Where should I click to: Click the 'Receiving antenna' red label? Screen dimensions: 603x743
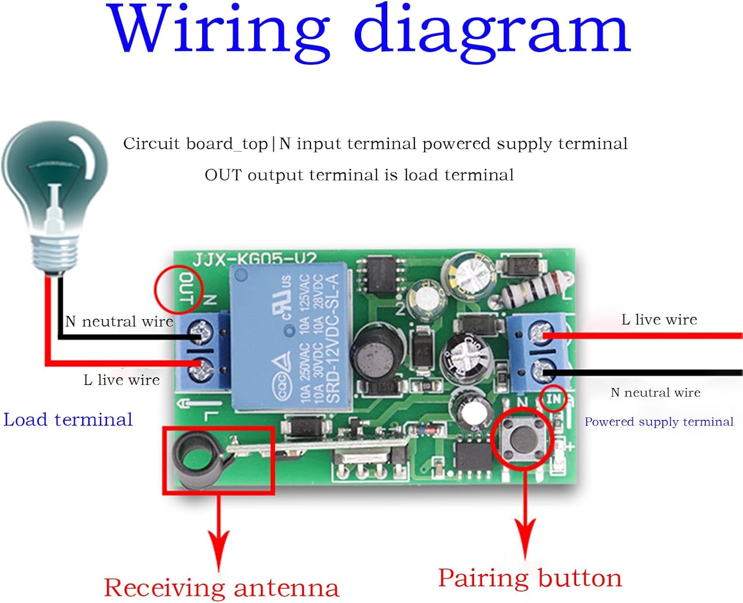tap(221, 588)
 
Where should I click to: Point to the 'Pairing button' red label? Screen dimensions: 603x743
tap(530, 578)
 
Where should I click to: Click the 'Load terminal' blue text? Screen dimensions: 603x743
tap(68, 420)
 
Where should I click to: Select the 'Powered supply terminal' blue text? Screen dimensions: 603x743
tap(658, 422)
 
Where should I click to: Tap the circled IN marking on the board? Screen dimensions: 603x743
tap(553, 399)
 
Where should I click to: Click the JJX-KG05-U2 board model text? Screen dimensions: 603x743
tap(254, 259)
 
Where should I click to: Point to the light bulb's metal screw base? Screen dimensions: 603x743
tap(55, 250)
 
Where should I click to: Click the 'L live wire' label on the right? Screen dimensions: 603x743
tap(659, 320)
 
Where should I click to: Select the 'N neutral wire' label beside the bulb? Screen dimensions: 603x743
tap(119, 322)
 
